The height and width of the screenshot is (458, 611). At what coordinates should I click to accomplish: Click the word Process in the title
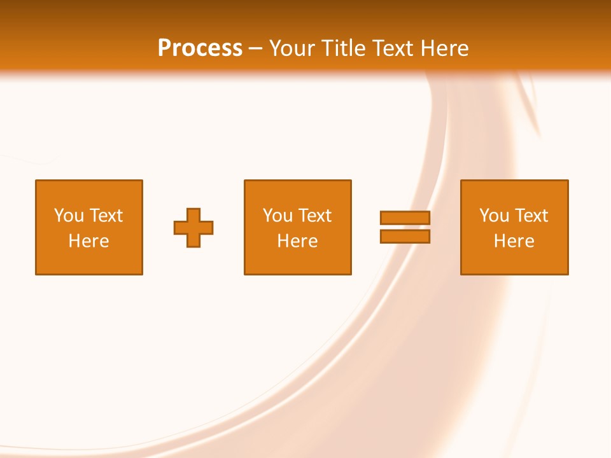[x=200, y=48]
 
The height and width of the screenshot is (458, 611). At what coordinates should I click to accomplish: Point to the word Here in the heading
[x=446, y=48]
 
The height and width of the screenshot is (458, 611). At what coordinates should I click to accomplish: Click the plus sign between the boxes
[x=193, y=228]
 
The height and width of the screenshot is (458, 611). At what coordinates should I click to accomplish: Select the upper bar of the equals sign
[x=405, y=218]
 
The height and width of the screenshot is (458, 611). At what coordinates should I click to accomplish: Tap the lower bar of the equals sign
[x=405, y=237]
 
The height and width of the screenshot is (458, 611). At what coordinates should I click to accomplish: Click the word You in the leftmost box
[x=69, y=216]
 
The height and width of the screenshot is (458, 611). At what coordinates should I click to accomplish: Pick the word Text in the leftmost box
[x=106, y=216]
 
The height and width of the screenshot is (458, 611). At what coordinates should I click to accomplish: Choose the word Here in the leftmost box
[x=88, y=241]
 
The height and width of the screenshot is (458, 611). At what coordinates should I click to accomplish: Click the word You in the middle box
[x=277, y=216]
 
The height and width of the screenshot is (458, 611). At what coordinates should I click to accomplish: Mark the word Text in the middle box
[x=314, y=216]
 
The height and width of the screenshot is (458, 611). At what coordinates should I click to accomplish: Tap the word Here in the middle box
[x=297, y=241]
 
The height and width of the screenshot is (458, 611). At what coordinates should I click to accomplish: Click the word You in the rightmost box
[x=494, y=216]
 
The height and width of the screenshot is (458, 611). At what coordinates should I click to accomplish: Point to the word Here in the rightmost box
[x=514, y=241]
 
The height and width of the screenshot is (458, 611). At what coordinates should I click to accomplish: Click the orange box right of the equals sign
[x=514, y=261]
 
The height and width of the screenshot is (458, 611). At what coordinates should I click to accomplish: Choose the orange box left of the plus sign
[x=89, y=261]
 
